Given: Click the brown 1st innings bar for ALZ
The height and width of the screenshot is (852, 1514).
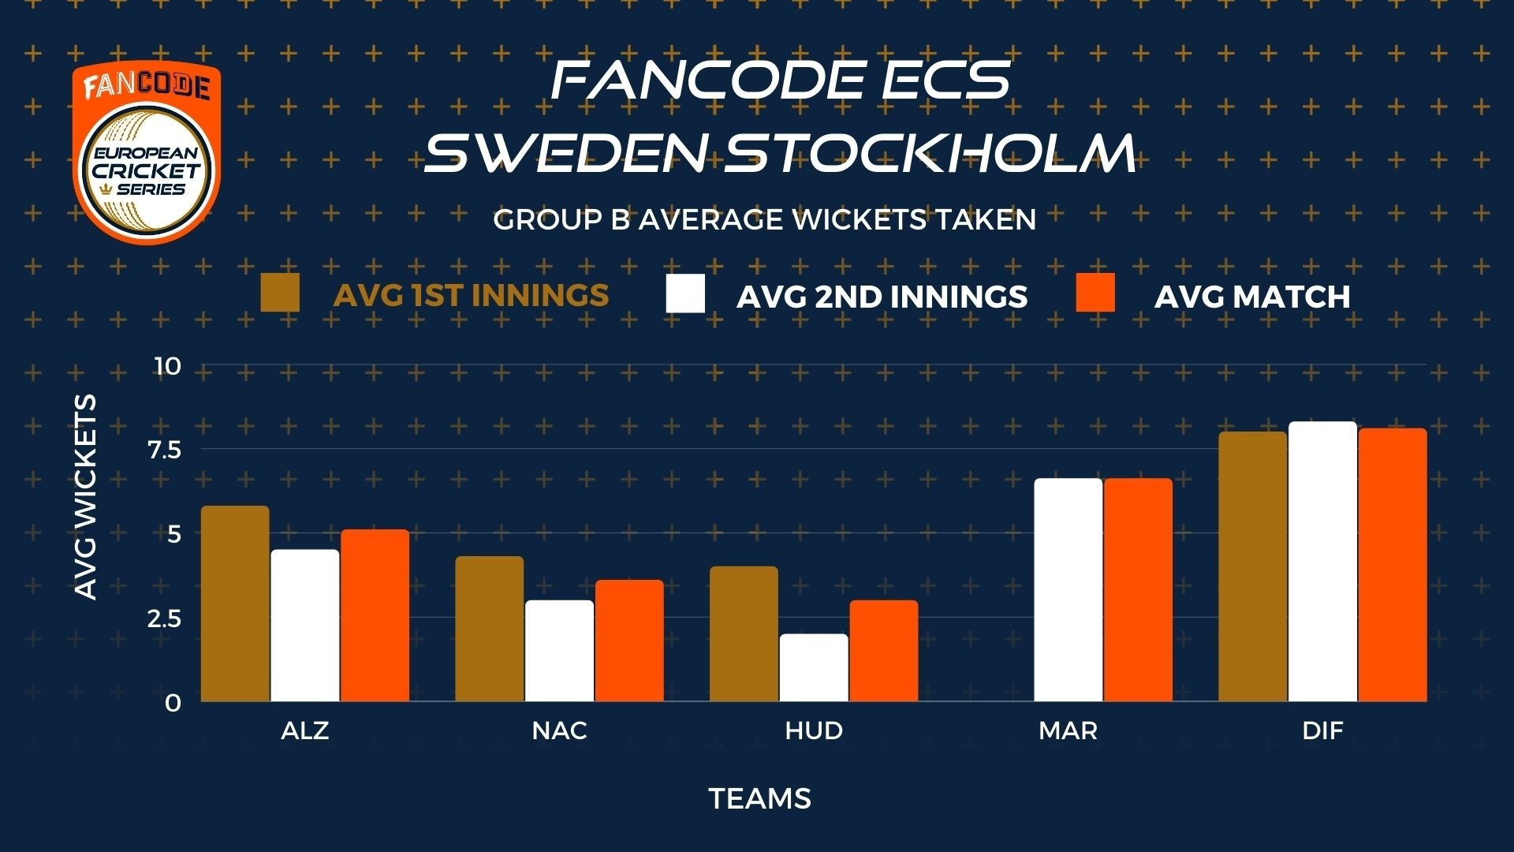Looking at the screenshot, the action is pyautogui.click(x=235, y=603).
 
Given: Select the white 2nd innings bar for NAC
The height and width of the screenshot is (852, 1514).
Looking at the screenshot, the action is pyautogui.click(x=560, y=651).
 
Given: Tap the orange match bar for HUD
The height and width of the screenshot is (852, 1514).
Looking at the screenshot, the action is pyautogui.click(x=884, y=651).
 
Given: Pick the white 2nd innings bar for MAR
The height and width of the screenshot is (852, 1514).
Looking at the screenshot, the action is pyautogui.click(x=1068, y=590).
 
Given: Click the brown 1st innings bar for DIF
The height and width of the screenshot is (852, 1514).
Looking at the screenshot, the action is pyautogui.click(x=1253, y=566).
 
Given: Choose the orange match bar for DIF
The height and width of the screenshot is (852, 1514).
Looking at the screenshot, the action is pyautogui.click(x=1393, y=565).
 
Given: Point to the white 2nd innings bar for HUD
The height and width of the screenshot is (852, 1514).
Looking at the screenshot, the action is pyautogui.click(x=815, y=667).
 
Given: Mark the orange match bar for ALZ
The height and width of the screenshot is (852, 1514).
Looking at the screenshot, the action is pyautogui.click(x=375, y=615).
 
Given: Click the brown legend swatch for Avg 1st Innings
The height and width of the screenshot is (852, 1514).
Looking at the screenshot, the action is pyautogui.click(x=280, y=293).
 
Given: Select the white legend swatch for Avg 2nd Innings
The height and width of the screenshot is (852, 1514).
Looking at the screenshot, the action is pyautogui.click(x=685, y=293).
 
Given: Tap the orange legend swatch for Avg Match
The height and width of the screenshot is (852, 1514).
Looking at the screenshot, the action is pyautogui.click(x=1096, y=293).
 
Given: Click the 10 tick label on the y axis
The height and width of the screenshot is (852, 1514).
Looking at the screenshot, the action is pyautogui.click(x=168, y=366).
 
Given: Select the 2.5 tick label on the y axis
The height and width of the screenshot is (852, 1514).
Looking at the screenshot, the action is pyautogui.click(x=164, y=618).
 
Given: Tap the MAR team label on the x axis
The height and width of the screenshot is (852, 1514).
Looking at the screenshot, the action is pyautogui.click(x=1068, y=731).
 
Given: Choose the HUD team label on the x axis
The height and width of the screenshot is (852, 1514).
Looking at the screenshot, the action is pyautogui.click(x=815, y=731).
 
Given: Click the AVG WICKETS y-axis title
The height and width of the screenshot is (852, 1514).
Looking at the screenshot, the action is pyautogui.click(x=85, y=497).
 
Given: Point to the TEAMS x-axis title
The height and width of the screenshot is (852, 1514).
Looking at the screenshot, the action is pyautogui.click(x=760, y=799).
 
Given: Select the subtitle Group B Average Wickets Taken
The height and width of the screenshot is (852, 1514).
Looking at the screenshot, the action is pyautogui.click(x=765, y=219).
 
